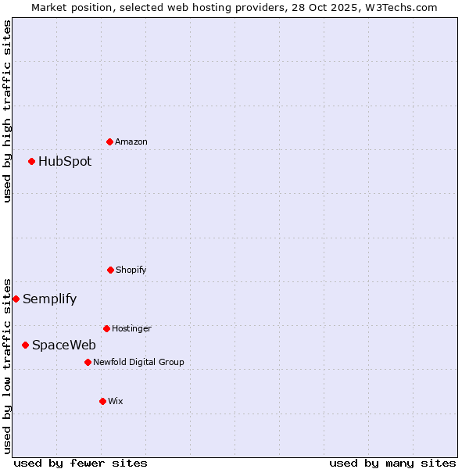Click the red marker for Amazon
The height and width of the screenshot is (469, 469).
(110, 141)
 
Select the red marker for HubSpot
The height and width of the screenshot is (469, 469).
(32, 161)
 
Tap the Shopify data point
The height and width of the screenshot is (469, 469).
(110, 270)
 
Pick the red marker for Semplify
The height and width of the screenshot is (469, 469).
(16, 299)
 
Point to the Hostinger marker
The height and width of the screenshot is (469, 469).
(106, 328)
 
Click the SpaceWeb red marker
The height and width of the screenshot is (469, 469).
(26, 345)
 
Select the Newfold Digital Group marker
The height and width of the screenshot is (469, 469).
(88, 362)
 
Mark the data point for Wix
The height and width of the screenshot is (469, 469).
(102, 401)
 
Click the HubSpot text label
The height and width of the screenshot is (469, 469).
(65, 162)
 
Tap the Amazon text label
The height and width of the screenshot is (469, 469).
(131, 141)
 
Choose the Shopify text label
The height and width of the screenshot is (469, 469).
(131, 270)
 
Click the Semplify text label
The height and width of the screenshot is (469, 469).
(50, 299)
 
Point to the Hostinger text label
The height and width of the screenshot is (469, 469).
(131, 328)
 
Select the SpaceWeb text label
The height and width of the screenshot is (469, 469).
(64, 345)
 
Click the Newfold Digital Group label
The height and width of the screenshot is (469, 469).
(138, 362)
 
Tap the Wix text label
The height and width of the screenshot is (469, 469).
(116, 401)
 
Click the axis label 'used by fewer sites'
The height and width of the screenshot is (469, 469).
(81, 463)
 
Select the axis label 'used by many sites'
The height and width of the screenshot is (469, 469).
(392, 463)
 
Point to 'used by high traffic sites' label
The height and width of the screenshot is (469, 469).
(7, 111)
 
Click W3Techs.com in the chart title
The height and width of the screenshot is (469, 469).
(396, 7)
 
